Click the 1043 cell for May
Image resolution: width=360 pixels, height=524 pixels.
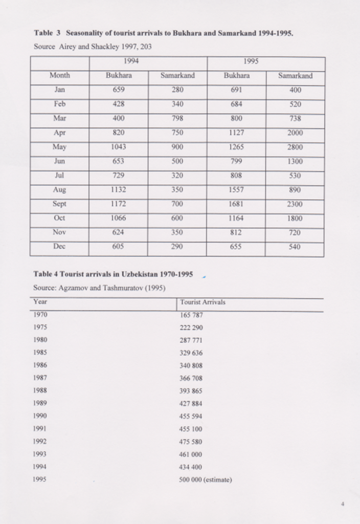118,147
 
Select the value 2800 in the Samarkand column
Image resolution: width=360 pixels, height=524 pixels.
295,147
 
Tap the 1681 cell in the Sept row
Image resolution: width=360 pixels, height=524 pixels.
236,204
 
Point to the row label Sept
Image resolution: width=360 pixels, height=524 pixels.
60,204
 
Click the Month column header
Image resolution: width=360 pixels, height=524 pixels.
60,76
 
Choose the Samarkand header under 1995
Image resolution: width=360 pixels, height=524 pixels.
295,76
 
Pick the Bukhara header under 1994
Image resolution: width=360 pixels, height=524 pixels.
118,76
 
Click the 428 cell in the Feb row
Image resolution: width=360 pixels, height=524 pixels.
118,104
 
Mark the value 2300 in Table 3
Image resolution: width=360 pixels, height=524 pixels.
295,204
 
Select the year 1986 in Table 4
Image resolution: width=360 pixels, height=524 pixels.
40,365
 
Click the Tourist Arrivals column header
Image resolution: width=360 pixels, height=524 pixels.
202,302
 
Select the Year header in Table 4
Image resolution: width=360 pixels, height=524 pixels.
40,302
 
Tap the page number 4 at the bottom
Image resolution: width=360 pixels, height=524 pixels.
343,505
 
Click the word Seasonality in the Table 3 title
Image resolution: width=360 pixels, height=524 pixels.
86,33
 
